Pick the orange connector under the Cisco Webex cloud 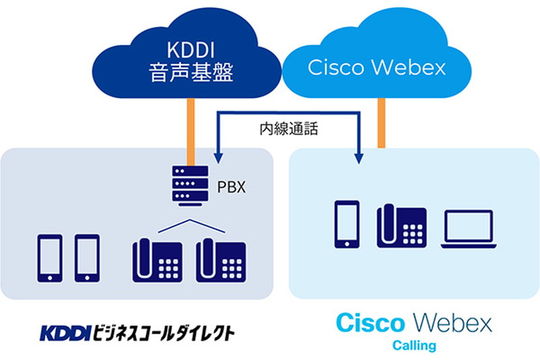[x=381, y=122]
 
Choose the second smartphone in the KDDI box [x=86, y=257]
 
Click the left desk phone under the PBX [x=156, y=259]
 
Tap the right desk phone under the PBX [x=219, y=259]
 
